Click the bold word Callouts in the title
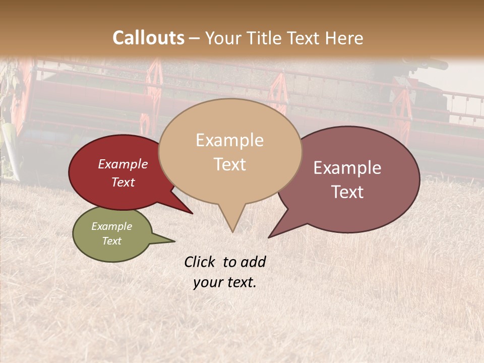click(148, 38)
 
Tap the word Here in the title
click(344, 38)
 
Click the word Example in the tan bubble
click(229, 140)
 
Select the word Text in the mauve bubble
click(347, 192)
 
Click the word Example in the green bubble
click(111, 226)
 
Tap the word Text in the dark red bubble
click(123, 183)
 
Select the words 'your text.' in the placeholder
click(225, 282)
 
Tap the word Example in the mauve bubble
click(347, 168)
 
